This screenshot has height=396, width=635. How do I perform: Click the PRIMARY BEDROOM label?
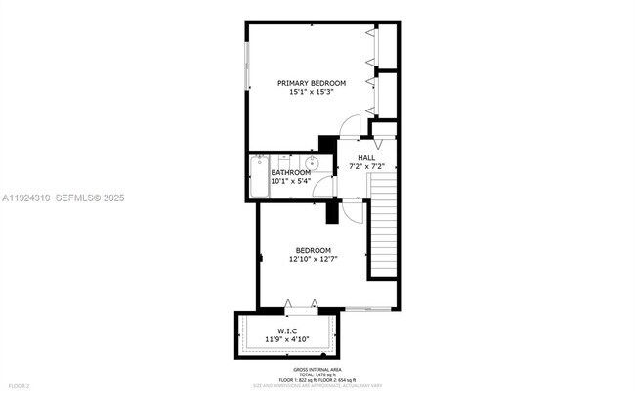pyautogui.click(x=312, y=82)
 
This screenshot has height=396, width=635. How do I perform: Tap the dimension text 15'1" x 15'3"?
pyautogui.click(x=312, y=92)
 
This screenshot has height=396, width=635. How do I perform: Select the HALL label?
pyautogui.click(x=366, y=157)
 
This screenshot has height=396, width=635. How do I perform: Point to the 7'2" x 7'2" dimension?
pyautogui.click(x=366, y=166)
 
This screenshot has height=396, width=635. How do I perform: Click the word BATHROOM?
pyautogui.click(x=290, y=172)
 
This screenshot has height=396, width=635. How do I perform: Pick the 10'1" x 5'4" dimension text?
pyautogui.click(x=290, y=181)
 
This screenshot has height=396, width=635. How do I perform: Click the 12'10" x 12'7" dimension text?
pyautogui.click(x=313, y=260)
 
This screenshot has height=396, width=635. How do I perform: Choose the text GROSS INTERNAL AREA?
pyautogui.click(x=317, y=369)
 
